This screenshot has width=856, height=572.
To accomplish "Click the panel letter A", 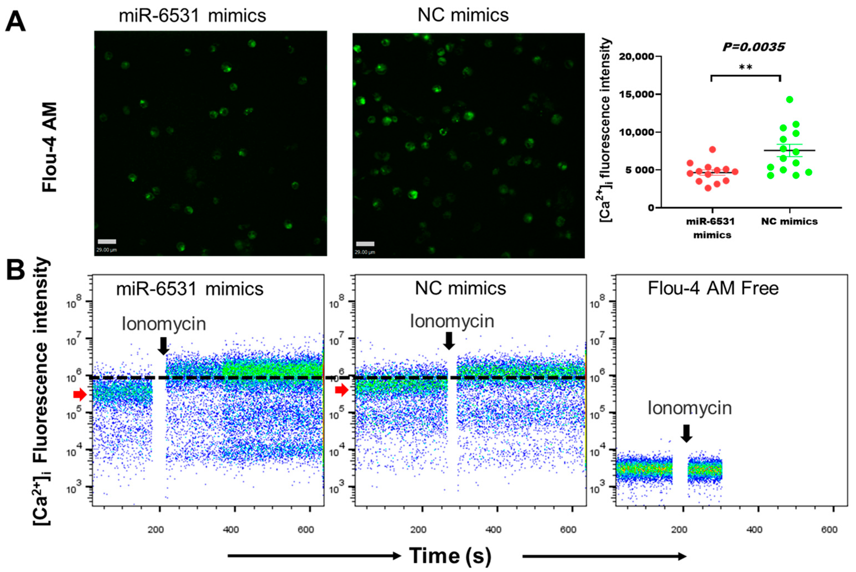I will pos(15,21).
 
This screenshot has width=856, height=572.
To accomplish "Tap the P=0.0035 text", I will pos(753,47).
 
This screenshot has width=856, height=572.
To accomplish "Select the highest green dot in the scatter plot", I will pos(790,100).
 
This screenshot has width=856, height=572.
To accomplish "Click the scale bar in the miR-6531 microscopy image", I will pos(107,241).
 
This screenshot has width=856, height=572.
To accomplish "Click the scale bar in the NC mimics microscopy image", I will pos(365,244).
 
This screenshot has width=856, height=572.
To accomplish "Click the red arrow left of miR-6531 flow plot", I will pos(79,394).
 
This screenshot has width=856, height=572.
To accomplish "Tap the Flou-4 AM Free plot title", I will pos(713,288).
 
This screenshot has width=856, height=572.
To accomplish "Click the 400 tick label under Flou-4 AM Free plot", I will pos(754,529).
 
